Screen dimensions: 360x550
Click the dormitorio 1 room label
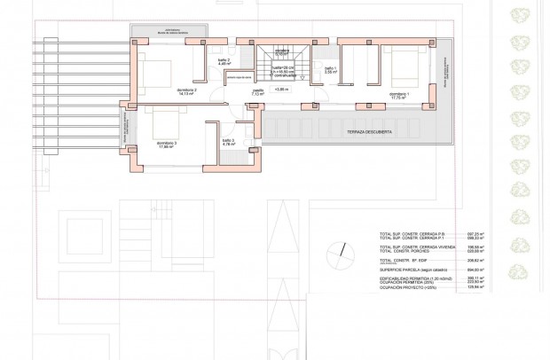point(397,92)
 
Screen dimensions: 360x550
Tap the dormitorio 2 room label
point(186,91)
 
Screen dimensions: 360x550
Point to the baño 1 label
point(329,70)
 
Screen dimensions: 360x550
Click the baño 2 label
point(225,62)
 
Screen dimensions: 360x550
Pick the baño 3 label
point(228,141)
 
